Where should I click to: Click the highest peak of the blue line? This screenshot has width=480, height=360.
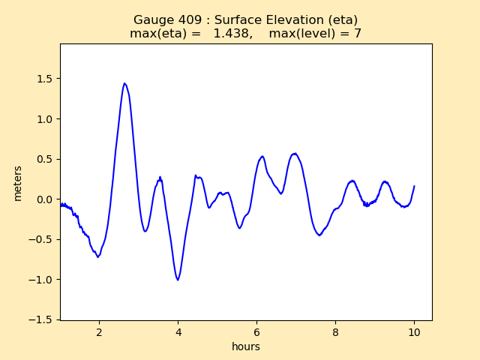click(124, 83)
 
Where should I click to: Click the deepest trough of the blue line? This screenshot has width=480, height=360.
click(178, 280)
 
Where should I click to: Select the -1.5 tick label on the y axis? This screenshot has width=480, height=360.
click(44, 319)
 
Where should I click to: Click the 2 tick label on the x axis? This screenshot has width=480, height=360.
click(99, 332)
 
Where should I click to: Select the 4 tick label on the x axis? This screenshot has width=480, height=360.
click(178, 332)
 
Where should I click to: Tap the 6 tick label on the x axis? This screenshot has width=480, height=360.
click(256, 332)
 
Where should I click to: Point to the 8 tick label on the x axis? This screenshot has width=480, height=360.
click(335, 332)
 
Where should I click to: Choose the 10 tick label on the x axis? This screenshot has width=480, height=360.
click(414, 332)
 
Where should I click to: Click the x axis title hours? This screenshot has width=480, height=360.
click(246, 346)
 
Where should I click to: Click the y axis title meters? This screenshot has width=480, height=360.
click(18, 183)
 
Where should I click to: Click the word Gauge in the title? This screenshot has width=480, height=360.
click(151, 20)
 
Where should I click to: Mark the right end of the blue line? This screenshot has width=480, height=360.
click(414, 186)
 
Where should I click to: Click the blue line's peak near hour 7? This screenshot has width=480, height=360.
click(295, 153)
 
